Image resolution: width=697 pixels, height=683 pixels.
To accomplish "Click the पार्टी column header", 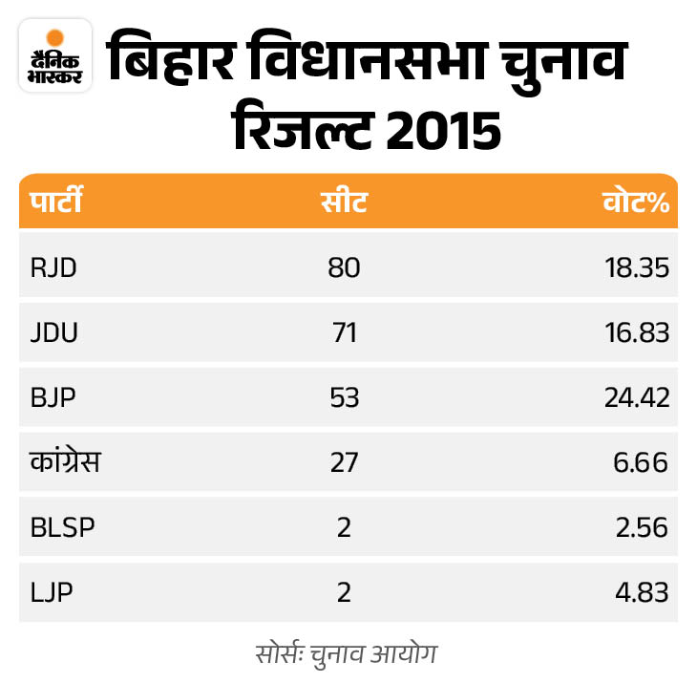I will pyautogui.click(x=55, y=203).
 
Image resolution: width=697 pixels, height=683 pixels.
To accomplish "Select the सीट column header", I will pyautogui.click(x=343, y=203).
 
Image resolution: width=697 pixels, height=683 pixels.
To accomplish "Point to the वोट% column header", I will pyautogui.click(x=634, y=203).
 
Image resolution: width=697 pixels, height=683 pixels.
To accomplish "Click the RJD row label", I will pyautogui.click(x=53, y=267).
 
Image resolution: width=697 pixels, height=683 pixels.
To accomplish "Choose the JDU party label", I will pyautogui.click(x=53, y=332).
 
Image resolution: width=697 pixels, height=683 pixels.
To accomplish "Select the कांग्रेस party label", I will pyautogui.click(x=65, y=462).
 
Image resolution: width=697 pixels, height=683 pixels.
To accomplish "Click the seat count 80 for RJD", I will pyautogui.click(x=343, y=267).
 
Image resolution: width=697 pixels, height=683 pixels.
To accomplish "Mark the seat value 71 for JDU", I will pyautogui.click(x=343, y=332).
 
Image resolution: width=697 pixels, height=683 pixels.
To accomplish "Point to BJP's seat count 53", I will pyautogui.click(x=343, y=397).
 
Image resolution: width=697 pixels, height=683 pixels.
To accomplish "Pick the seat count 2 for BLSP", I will pyautogui.click(x=343, y=527).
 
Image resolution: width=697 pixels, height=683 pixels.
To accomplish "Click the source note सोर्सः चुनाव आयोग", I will pyautogui.click(x=348, y=656).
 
